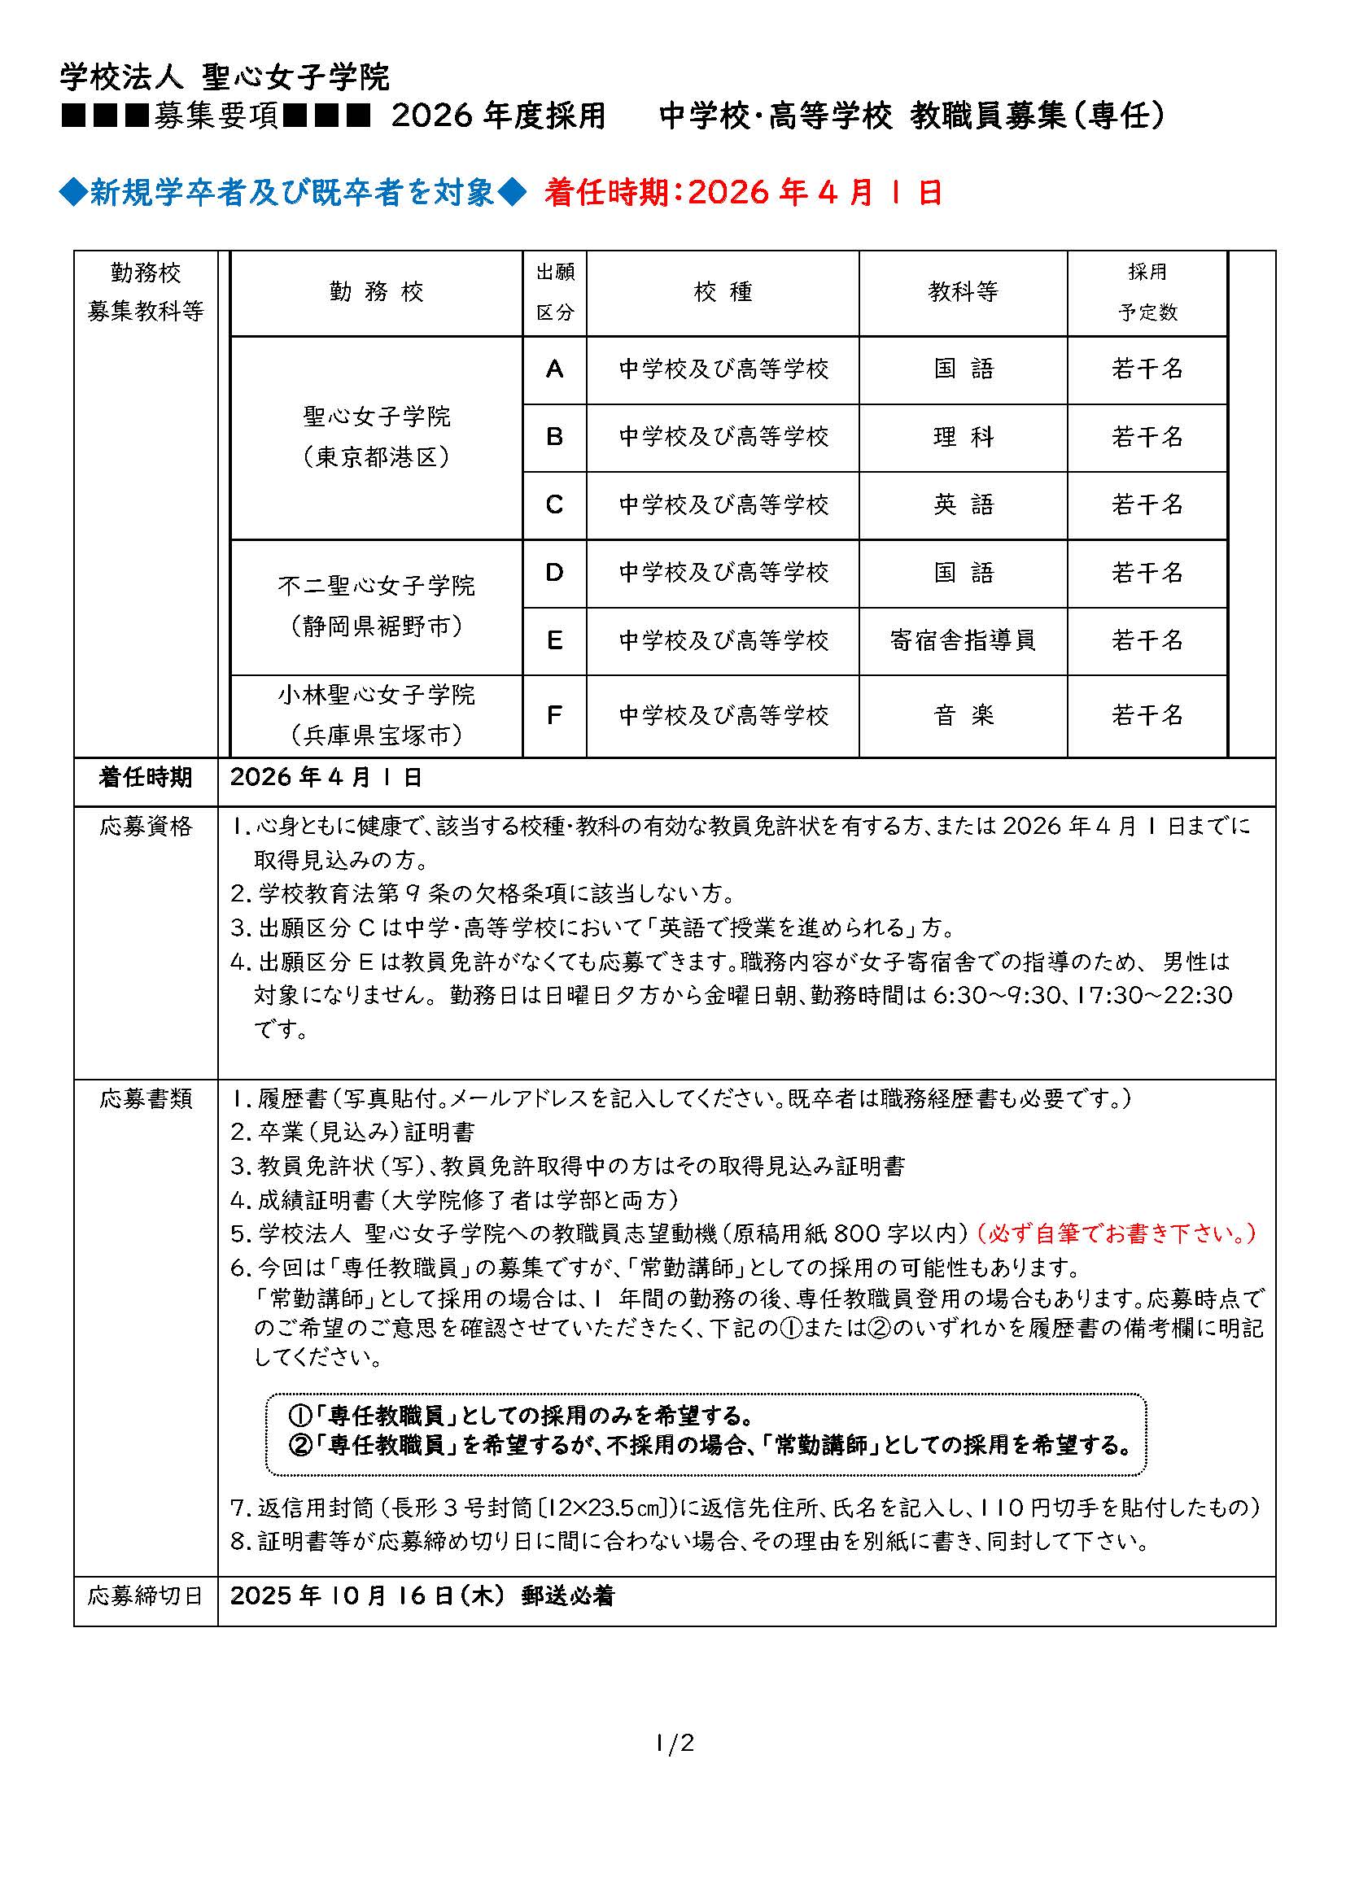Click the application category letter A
[x=554, y=369]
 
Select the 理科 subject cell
[x=962, y=437]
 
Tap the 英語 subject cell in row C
[x=962, y=504]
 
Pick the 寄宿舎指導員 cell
[x=962, y=639]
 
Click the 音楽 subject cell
[x=962, y=715]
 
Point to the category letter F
[x=554, y=715]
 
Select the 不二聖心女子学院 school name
[x=376, y=586]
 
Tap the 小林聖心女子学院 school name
[x=376, y=695]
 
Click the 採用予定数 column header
[x=1147, y=292]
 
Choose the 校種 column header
[x=722, y=292]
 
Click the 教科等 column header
[x=962, y=292]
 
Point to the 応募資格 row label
[x=146, y=827]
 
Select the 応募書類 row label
[x=146, y=1099]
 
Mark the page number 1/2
[x=674, y=1744]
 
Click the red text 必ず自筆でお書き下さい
[x=1117, y=1234]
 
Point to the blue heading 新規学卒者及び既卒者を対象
[x=292, y=193]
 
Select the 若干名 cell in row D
[x=1147, y=573]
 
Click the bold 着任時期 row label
[x=146, y=778]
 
